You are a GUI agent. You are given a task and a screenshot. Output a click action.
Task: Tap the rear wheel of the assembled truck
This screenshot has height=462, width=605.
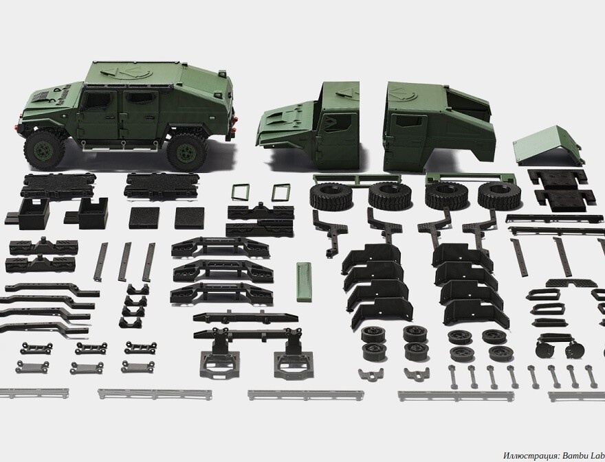point(187,152)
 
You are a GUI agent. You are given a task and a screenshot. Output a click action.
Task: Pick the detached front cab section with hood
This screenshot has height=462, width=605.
point(309,124)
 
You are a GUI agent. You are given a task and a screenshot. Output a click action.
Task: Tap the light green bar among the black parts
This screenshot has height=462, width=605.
point(305,281)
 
